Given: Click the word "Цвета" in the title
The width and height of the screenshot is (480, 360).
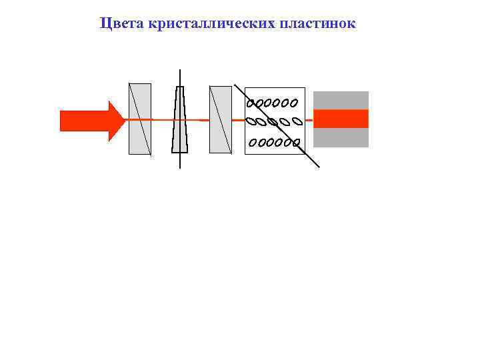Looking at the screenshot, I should pos(118,24).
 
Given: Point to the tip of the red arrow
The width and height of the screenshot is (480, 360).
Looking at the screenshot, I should pos(125,121).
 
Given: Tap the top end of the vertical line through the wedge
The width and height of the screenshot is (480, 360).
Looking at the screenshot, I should pos(179,69).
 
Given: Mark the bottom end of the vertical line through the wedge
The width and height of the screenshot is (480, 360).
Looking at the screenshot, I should pos(179,167).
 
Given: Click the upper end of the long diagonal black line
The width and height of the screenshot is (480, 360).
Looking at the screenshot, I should pos(234,85).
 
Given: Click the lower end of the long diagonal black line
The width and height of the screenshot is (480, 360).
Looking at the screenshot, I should pos(319,166).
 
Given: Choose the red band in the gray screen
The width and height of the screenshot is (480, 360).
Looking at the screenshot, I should pos(341,119).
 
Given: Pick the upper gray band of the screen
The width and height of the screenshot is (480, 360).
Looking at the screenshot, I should pos(341,100).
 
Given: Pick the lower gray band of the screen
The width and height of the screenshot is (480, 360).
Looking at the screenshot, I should pos(341,137).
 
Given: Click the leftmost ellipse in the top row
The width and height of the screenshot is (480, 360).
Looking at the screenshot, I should pos(251,103).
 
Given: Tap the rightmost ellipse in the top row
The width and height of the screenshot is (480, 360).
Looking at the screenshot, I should pos(293,103).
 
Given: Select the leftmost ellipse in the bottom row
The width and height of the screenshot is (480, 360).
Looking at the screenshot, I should pos(253,143).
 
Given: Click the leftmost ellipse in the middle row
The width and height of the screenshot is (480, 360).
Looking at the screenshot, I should pos(251,122).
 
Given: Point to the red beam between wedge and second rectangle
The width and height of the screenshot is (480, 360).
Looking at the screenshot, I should pos(199,119).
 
